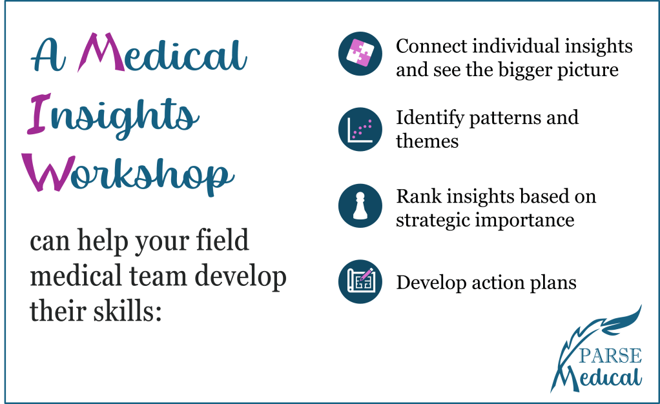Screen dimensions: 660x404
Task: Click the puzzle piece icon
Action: point(360,54)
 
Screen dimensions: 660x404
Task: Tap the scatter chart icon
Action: point(360,129)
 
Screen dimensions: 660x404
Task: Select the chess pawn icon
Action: point(360,206)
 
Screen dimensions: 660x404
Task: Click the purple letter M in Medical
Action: point(101,52)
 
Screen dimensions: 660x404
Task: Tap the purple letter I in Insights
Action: point(39,114)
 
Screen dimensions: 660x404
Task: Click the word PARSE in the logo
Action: point(610,356)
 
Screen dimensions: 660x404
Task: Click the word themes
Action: point(428,141)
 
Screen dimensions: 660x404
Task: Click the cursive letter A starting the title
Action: point(48,55)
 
